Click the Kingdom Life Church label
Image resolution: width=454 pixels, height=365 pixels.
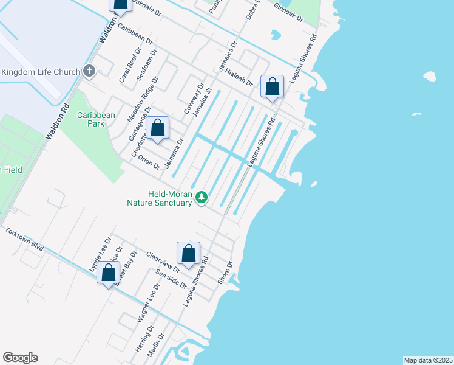click(x=40, y=72)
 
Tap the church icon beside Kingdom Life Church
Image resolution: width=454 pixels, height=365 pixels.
click(x=89, y=72)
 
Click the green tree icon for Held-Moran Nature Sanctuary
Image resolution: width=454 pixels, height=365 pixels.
click(x=202, y=197)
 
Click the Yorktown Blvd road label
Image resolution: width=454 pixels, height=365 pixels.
click(x=24, y=239)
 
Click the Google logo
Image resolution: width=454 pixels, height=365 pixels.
click(x=20, y=358)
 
